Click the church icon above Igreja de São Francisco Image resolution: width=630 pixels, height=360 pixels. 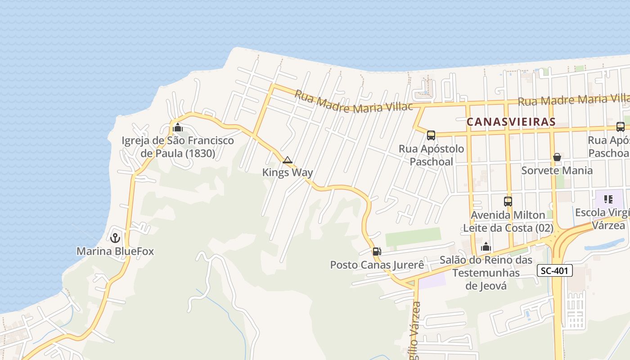178,127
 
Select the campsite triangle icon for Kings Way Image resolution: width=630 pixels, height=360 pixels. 288,160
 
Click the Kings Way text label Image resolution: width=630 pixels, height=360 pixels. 288,172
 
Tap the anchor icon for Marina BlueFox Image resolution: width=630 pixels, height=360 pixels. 115,238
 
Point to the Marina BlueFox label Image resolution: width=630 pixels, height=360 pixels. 115,251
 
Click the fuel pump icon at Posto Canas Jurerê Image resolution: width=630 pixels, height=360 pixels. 377,252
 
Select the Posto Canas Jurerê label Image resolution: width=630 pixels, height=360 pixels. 377,265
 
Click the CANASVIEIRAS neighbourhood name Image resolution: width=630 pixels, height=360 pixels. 511,122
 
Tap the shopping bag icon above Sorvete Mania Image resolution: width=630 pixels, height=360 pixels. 557,157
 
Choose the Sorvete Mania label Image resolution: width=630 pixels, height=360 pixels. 557,171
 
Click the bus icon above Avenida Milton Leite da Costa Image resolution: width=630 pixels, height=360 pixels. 508,202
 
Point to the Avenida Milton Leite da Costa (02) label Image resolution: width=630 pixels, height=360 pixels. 508,221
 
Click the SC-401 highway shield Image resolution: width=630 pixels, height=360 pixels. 555,270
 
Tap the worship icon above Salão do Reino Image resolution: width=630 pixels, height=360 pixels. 486,247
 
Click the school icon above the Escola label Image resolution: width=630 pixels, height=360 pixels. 608,199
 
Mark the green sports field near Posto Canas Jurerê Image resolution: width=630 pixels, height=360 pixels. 413,237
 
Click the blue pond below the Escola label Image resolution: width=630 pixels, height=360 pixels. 605,244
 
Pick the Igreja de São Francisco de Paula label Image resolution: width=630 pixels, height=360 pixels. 178,147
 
